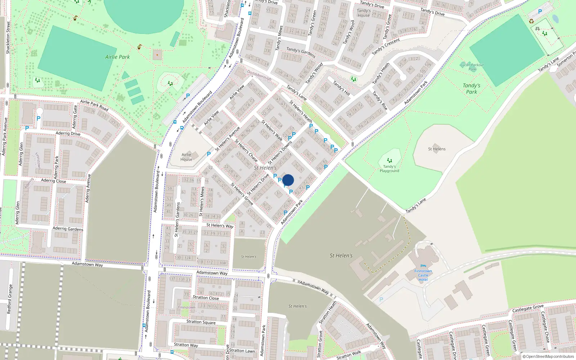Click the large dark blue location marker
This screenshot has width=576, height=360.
tap(288, 180)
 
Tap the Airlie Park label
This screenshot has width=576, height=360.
tap(117, 57)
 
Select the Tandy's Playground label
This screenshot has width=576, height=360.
tap(389, 168)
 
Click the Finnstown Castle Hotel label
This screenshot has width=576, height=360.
tap(423, 275)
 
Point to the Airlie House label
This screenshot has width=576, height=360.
tap(186, 157)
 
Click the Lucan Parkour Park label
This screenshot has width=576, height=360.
tap(472, 67)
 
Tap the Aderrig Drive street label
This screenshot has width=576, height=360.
tap(68, 134)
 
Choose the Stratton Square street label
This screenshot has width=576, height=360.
tap(201, 322)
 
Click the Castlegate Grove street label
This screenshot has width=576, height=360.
tap(528, 309)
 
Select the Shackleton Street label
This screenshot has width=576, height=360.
tap(8, 38)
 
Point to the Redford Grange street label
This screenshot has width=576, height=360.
tap(10, 299)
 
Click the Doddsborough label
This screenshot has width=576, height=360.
tap(259, 75)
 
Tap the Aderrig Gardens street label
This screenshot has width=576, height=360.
tap(68, 229)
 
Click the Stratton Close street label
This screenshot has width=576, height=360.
tap(206, 297)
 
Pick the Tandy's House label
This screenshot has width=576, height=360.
tap(364, 13)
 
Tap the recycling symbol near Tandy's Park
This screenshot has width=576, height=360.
tap(531, 21)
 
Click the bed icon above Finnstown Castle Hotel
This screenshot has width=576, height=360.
tap(423, 266)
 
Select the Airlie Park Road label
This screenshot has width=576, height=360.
tap(94, 105)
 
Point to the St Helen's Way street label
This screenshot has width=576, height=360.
tap(220, 225)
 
